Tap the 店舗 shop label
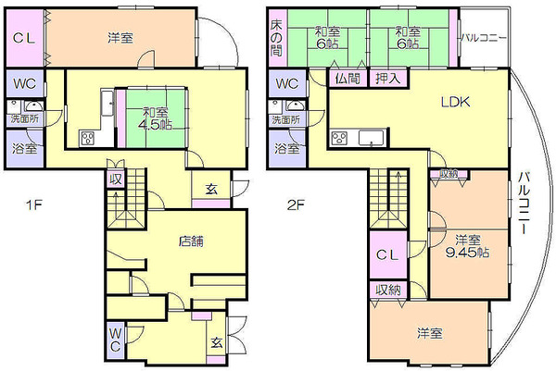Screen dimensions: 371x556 tap(191, 241)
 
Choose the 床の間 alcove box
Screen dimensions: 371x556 tap(275, 36)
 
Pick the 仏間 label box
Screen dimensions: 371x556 tap(347, 80)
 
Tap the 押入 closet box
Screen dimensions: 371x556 tap(387, 80)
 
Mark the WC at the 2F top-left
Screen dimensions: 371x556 tap(284, 84)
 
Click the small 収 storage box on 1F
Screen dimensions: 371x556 tap(116, 179)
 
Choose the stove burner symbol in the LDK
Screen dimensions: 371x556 tap(339, 139)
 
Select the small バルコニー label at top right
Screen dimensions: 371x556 tap(484, 38)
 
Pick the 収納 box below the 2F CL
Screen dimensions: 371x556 tap(388, 291)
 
